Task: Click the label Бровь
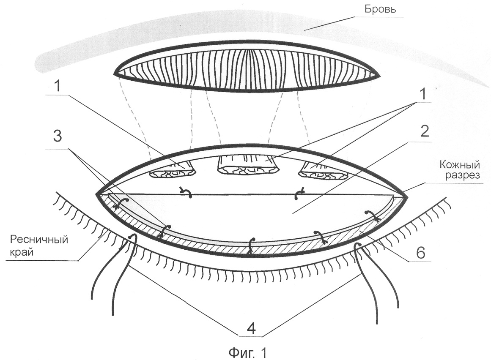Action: (381, 9)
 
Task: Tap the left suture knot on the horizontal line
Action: (187, 193)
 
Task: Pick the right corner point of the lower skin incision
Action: (406, 197)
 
